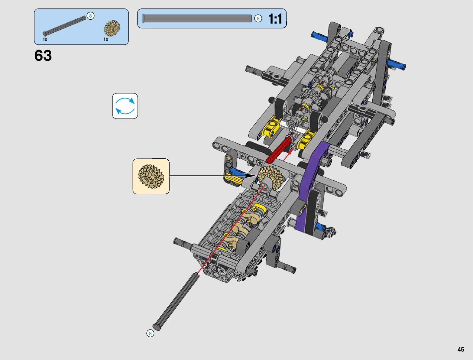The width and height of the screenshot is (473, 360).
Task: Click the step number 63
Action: tap(43, 56)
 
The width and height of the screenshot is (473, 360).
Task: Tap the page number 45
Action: tap(461, 349)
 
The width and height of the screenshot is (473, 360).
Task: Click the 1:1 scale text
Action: tap(275, 19)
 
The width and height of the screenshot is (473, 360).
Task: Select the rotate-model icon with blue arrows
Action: tap(125, 106)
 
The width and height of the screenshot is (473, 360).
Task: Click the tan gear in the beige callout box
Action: tap(151, 177)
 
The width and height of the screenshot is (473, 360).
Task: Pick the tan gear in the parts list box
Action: tap(112, 28)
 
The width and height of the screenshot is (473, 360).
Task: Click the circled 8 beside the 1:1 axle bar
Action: tap(258, 18)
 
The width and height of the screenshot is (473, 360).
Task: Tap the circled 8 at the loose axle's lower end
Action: tap(150, 333)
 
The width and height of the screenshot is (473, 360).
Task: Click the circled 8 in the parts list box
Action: tap(90, 16)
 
